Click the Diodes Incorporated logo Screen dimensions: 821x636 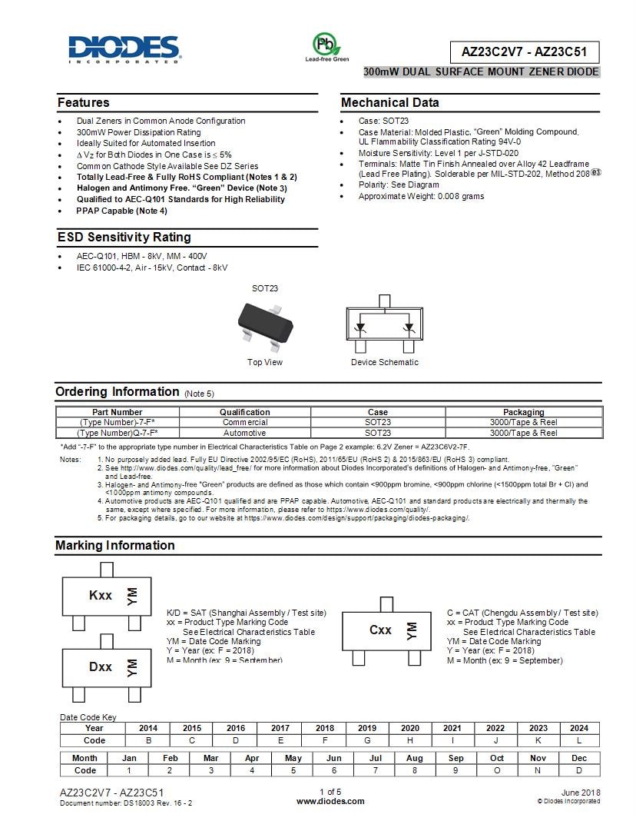click(x=124, y=48)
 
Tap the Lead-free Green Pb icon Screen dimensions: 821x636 click(x=326, y=45)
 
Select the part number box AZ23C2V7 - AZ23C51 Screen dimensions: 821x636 click(x=524, y=52)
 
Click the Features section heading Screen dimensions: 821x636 click(x=84, y=103)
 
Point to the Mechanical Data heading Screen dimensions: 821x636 click(x=390, y=103)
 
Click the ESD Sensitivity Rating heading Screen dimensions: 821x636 click(x=124, y=238)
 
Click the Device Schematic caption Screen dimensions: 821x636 click(x=385, y=362)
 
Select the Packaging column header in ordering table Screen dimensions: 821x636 click(x=523, y=412)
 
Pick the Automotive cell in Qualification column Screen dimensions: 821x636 click(x=244, y=433)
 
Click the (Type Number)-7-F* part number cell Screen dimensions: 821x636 click(x=118, y=422)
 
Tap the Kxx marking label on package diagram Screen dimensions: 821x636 click(x=101, y=596)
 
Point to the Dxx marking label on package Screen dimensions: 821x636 click(x=101, y=666)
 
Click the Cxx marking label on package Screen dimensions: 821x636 click(x=380, y=630)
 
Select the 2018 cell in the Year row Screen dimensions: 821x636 click(x=324, y=728)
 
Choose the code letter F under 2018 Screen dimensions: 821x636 click(x=324, y=740)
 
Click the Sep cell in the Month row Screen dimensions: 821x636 click(x=455, y=758)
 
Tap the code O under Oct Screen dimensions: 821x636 click(x=496, y=770)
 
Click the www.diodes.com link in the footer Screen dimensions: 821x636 click(x=330, y=801)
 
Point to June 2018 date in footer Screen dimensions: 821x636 click(x=581, y=793)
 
